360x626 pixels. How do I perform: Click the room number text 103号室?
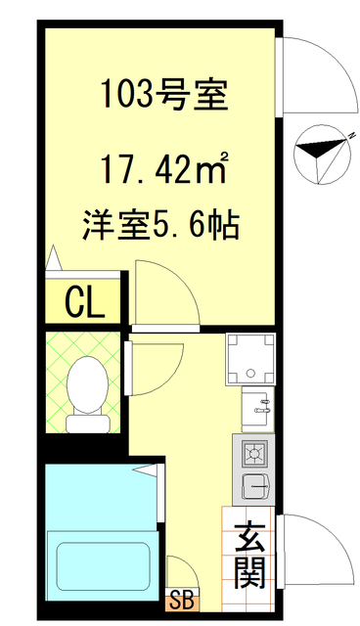point(163,95)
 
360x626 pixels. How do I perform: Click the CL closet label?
point(85,303)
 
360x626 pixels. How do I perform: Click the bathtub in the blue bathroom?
point(103,566)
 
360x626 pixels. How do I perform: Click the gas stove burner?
point(254,454)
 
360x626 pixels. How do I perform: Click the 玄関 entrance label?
point(250,554)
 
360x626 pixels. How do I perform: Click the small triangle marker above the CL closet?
point(53,259)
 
